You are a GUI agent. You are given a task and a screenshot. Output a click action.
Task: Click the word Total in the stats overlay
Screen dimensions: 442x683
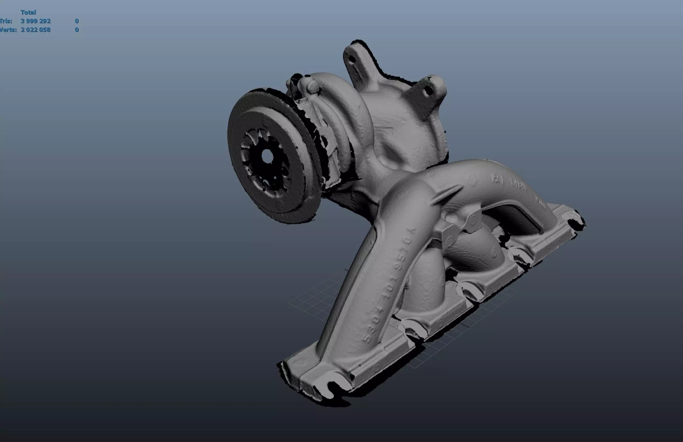[x=28, y=12]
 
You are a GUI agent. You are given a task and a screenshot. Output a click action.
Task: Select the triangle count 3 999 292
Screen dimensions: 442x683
[x=36, y=21]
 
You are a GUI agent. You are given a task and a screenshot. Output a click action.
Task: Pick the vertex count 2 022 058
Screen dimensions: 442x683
[x=36, y=30]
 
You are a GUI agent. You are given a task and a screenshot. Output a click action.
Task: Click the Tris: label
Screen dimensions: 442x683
[x=6, y=21]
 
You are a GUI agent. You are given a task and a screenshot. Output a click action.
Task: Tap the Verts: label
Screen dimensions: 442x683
[x=8, y=30]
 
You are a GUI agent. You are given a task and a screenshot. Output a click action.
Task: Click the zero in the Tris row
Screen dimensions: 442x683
[x=76, y=21]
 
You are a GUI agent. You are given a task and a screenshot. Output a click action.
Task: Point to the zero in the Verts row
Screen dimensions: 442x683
[x=76, y=30]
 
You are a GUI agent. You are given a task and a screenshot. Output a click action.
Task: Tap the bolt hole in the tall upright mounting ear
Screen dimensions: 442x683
[x=352, y=59]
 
